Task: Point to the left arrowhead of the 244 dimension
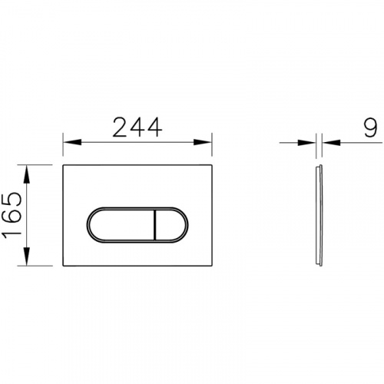coord(67,142)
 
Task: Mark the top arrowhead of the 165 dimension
coord(28,170)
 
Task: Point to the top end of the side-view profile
coord(317,167)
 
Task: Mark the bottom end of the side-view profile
coord(317,263)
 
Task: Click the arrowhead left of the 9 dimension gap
coord(310,142)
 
